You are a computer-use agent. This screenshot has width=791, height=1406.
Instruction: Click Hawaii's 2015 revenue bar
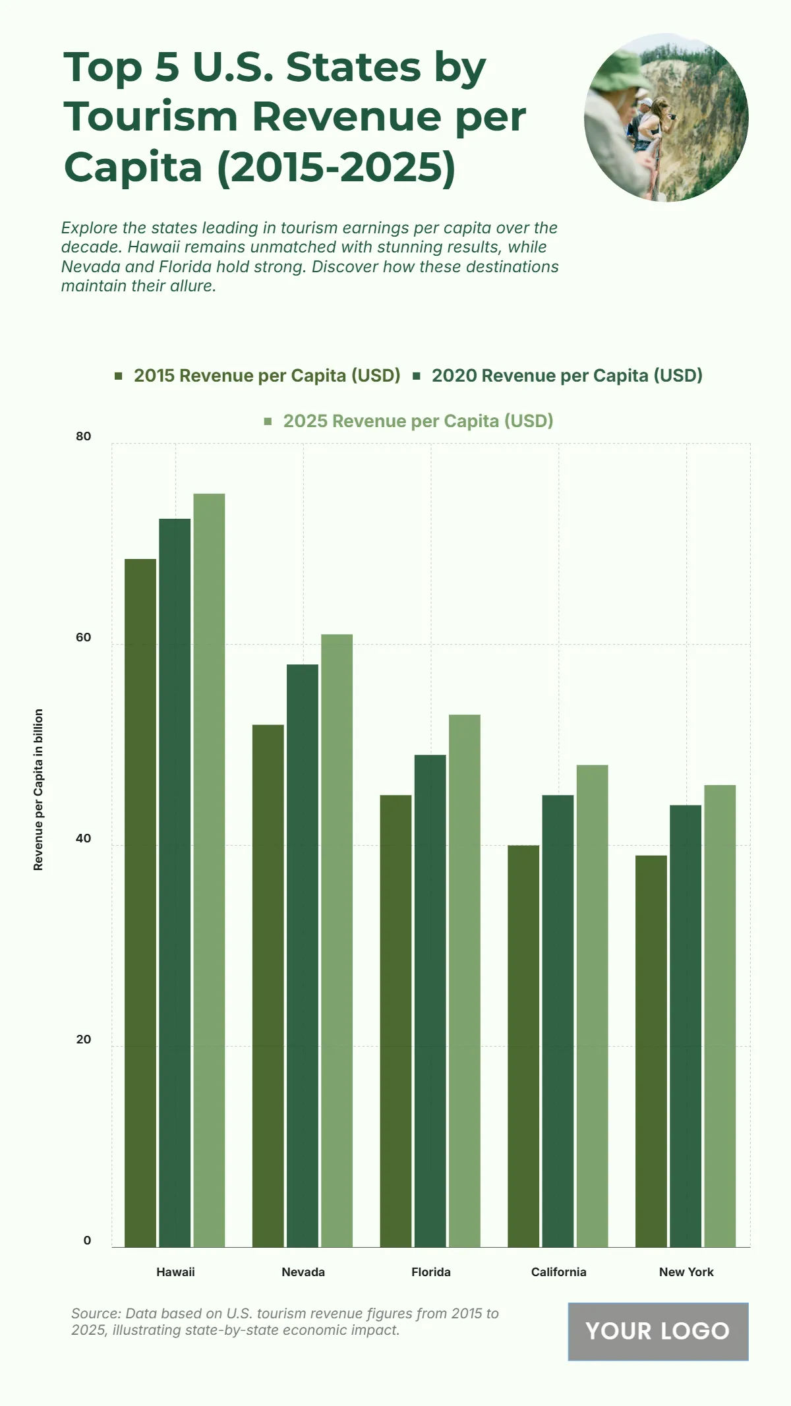[140, 902]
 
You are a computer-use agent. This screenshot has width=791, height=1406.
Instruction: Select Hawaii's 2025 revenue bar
[209, 870]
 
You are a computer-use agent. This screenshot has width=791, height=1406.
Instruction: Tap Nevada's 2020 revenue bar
[303, 955]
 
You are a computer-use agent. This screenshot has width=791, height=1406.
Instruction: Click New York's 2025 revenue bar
[720, 1015]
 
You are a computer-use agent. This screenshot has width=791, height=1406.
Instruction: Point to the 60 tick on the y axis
[84, 637]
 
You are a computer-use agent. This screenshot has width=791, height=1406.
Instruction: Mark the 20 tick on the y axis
[84, 1040]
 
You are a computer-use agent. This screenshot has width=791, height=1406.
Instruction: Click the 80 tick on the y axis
[84, 436]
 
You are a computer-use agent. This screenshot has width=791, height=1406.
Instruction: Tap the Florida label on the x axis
[431, 1272]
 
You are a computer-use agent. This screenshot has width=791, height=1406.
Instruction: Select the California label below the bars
[559, 1272]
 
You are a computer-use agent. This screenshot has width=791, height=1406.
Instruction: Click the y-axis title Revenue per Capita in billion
[38, 790]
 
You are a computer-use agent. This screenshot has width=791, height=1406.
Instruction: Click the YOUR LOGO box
[658, 1332]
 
